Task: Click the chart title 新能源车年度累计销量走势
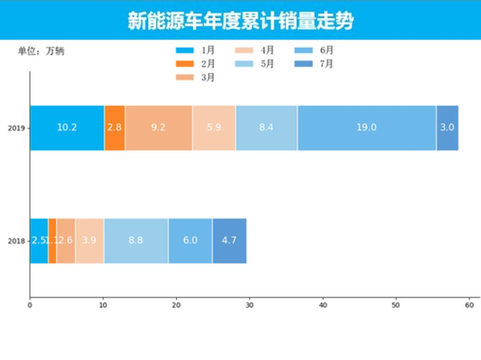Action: (x=240, y=20)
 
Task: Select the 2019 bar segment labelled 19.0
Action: (x=366, y=127)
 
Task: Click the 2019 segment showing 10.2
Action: (x=67, y=127)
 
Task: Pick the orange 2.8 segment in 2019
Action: (x=115, y=127)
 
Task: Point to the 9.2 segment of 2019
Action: (x=158, y=127)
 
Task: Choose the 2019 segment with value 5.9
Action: (x=213, y=127)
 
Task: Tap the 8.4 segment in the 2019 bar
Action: (x=266, y=127)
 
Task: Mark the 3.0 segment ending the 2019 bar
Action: (x=447, y=127)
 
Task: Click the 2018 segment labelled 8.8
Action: (x=136, y=241)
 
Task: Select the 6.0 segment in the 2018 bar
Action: (x=190, y=241)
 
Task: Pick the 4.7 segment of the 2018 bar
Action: (x=229, y=241)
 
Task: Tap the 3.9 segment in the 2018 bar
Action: (x=89, y=241)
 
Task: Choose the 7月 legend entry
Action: (x=313, y=64)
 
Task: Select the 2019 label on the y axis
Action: (x=16, y=128)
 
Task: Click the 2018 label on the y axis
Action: (x=16, y=241)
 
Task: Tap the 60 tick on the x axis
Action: (x=469, y=305)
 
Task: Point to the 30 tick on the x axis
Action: (x=249, y=305)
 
